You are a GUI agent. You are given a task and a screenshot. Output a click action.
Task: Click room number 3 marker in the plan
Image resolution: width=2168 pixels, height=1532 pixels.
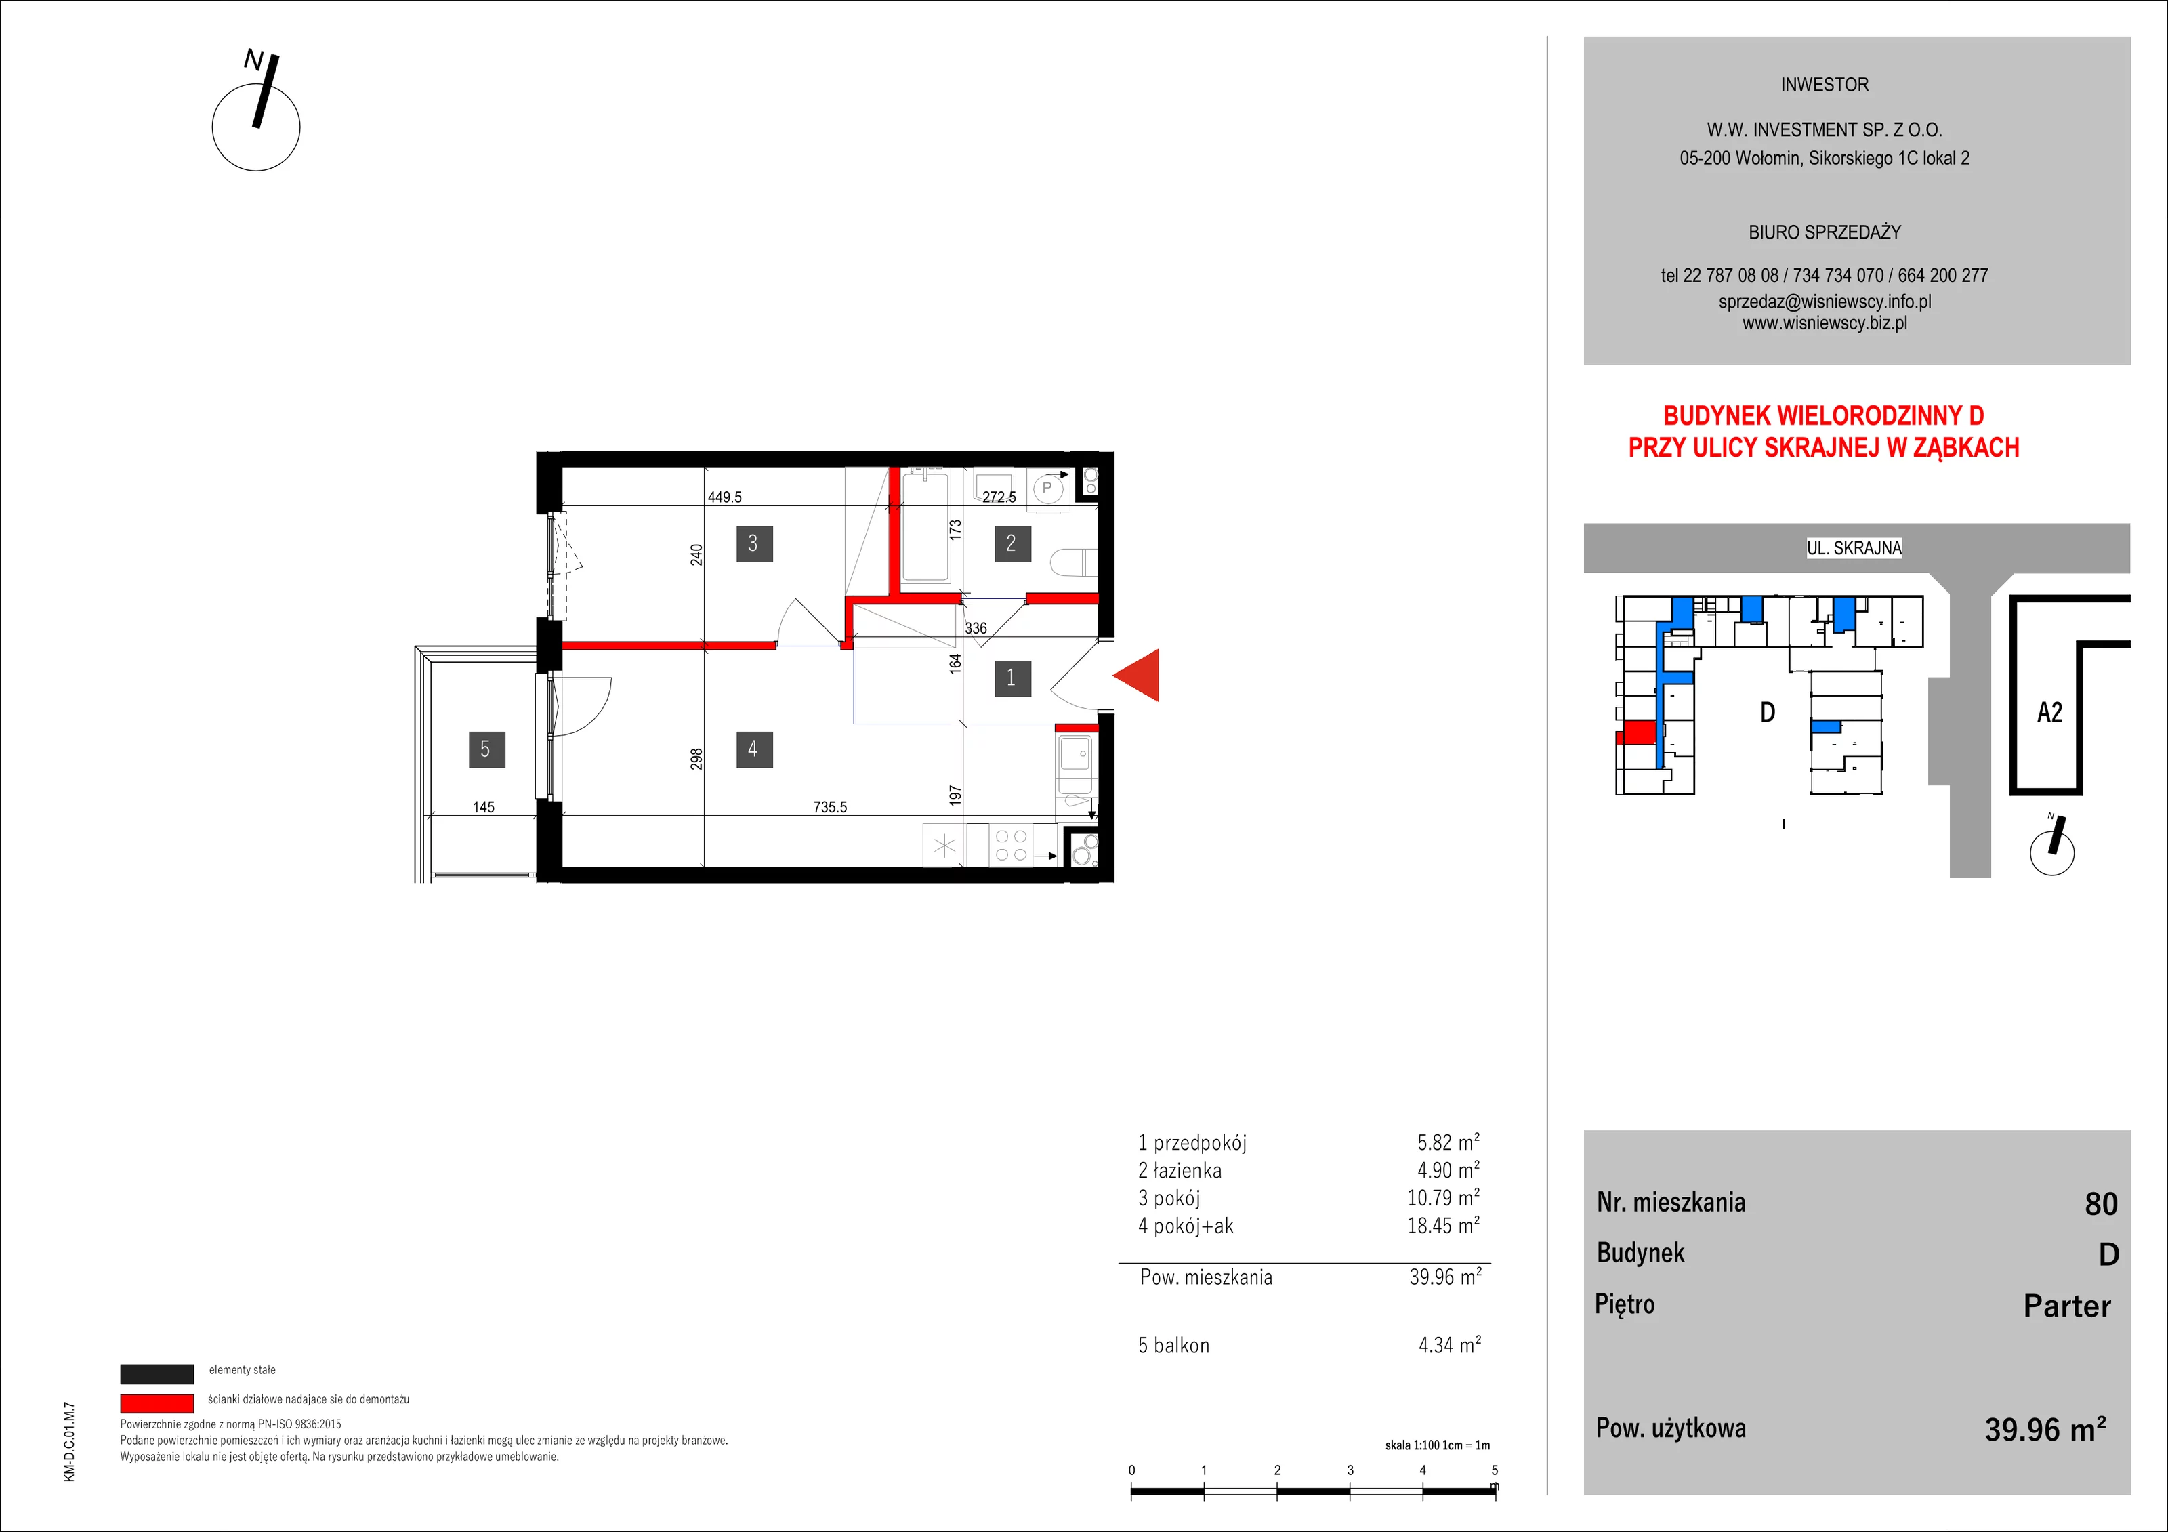click(753, 543)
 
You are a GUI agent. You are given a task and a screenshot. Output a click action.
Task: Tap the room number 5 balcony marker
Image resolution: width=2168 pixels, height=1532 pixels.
click(486, 749)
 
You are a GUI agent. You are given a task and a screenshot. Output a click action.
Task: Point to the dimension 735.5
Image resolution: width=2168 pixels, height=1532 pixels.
click(830, 806)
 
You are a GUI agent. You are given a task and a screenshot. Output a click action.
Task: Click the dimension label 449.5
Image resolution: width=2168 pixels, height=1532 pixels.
click(724, 497)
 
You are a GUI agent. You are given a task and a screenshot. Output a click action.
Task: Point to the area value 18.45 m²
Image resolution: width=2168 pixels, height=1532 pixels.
click(1444, 1225)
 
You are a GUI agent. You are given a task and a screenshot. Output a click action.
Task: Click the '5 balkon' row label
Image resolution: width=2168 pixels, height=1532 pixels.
click(1173, 1345)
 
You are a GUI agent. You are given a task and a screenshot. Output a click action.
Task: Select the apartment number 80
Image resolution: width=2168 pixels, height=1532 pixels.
click(2101, 1203)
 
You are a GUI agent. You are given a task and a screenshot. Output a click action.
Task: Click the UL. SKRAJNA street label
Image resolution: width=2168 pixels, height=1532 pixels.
click(1854, 547)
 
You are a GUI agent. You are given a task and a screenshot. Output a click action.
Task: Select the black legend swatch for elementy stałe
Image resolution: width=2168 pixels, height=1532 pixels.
click(157, 1373)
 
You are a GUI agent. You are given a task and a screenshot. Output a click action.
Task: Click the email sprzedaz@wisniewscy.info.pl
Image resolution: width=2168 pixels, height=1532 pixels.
click(1825, 302)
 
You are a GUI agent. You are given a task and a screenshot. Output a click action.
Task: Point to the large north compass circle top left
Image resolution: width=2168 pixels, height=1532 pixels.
click(256, 127)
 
